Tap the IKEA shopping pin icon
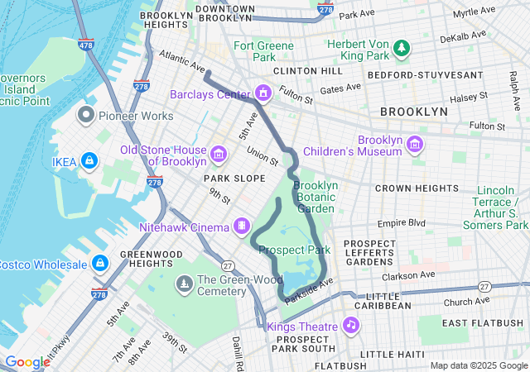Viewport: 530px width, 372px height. (x=89, y=160)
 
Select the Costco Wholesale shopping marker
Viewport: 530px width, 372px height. (x=100, y=263)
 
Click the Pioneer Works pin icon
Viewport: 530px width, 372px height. (x=86, y=113)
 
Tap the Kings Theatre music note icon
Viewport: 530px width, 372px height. (x=351, y=324)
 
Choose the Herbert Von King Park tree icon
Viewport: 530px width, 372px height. (x=402, y=48)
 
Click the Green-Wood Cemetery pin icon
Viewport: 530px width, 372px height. (x=184, y=284)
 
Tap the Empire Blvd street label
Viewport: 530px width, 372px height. (x=400, y=222)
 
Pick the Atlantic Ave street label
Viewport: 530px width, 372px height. (x=181, y=61)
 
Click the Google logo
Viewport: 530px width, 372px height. (x=27, y=362)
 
